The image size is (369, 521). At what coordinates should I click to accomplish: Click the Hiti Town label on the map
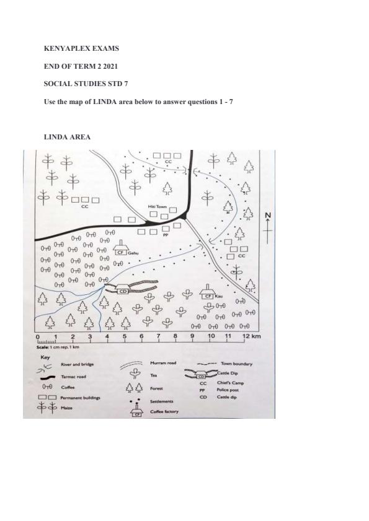point(158,206)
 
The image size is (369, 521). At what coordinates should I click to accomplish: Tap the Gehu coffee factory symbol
point(121,250)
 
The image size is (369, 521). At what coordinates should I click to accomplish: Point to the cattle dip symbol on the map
point(122,288)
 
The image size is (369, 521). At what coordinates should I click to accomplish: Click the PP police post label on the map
point(166,236)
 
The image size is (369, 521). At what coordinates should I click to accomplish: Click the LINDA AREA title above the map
point(67,137)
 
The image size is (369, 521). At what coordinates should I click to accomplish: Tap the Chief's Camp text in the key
point(229,383)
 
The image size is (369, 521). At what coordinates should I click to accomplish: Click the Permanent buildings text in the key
point(81,397)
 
